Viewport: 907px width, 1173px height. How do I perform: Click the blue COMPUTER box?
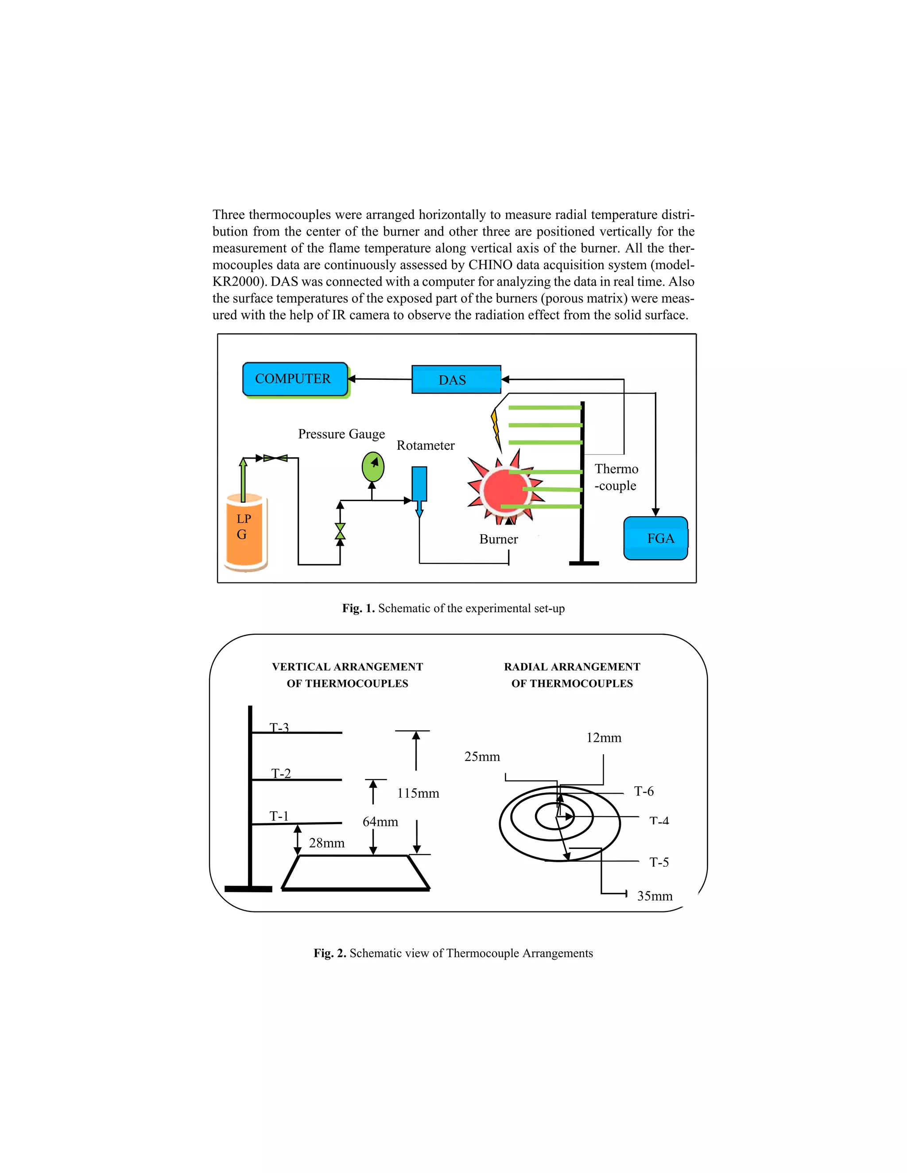click(x=295, y=379)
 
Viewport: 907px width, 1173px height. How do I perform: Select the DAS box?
click(x=456, y=380)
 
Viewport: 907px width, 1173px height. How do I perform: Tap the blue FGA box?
click(x=655, y=538)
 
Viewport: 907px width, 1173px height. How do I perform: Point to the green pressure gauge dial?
click(x=372, y=467)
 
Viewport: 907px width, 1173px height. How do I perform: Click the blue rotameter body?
click(x=419, y=484)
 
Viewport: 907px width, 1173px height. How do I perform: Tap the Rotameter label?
click(x=425, y=445)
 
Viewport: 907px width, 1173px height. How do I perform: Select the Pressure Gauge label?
click(x=341, y=433)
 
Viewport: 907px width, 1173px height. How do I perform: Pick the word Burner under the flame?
click(x=498, y=539)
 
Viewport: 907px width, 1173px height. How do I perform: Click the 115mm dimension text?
click(x=418, y=793)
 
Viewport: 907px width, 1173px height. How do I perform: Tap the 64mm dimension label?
click(x=380, y=822)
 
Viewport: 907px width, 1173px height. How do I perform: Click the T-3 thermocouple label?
click(x=279, y=727)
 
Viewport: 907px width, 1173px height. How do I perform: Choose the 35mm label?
click(x=655, y=896)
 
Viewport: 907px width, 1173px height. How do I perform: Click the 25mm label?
click(x=482, y=757)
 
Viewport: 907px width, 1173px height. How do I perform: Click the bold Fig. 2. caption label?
click(x=330, y=953)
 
